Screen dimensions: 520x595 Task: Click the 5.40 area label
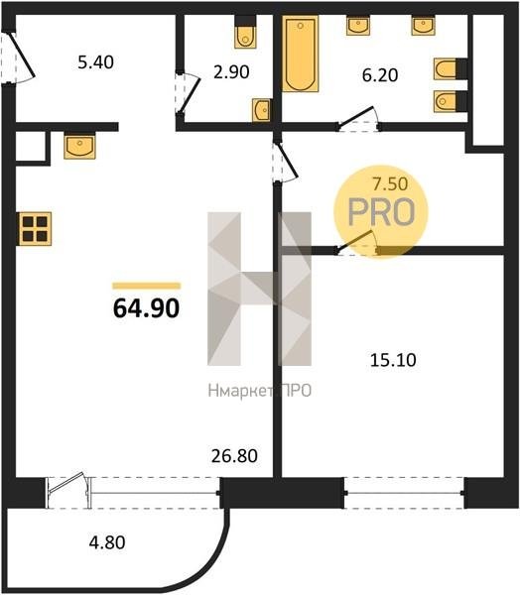(x=95, y=62)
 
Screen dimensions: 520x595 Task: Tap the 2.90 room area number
(x=231, y=71)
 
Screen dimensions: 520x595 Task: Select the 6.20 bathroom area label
(x=380, y=75)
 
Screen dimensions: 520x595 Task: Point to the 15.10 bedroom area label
(x=393, y=360)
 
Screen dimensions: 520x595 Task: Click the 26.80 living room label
(x=234, y=456)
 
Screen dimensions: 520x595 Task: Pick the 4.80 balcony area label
(x=107, y=542)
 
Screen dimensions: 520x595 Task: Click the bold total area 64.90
(x=146, y=307)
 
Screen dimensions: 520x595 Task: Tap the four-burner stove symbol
(x=34, y=229)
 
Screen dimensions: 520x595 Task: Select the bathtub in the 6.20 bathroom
(x=300, y=54)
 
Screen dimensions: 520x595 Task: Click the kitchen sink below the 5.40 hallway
(x=79, y=147)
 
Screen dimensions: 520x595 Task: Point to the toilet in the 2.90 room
(x=245, y=33)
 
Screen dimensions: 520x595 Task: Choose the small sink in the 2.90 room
(x=262, y=110)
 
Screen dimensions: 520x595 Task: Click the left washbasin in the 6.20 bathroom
(x=358, y=26)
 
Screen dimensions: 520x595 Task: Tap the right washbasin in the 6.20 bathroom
(x=423, y=26)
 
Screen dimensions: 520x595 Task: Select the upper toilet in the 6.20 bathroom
(x=451, y=69)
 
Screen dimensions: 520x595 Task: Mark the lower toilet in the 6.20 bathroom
(x=451, y=101)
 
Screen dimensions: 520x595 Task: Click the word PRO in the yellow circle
(x=381, y=212)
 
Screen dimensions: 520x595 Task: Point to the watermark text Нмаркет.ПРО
(x=260, y=391)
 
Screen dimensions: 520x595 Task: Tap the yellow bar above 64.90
(x=146, y=287)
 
